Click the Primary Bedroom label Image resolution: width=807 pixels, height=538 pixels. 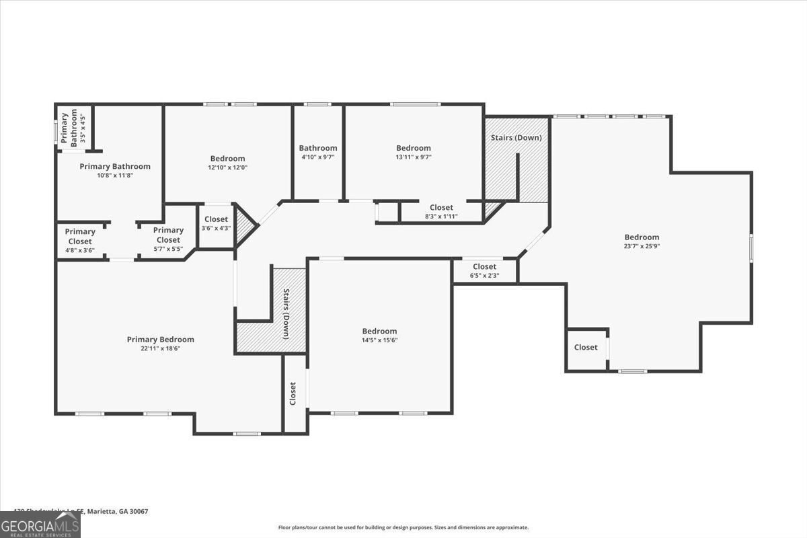pos(160,340)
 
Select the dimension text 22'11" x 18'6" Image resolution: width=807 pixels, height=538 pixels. pos(160,348)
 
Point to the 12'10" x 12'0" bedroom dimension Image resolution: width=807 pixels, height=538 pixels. pos(227,167)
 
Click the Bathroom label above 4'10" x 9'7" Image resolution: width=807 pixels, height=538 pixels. pos(318,148)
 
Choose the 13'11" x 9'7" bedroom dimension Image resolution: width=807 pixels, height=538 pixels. pos(413,157)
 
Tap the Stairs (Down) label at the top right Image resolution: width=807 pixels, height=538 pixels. pos(516,138)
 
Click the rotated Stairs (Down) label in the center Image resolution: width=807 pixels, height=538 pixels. pos(286,313)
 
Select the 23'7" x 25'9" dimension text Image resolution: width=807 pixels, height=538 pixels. pos(642,245)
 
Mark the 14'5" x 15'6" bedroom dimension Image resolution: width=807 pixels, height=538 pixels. pos(379,340)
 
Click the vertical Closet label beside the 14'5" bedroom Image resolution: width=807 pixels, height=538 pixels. pos(293,393)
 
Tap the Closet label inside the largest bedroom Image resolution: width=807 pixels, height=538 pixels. pos(586,348)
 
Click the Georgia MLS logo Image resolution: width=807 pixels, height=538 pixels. pos(40,525)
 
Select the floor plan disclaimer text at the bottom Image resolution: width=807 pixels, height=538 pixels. pos(403,528)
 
